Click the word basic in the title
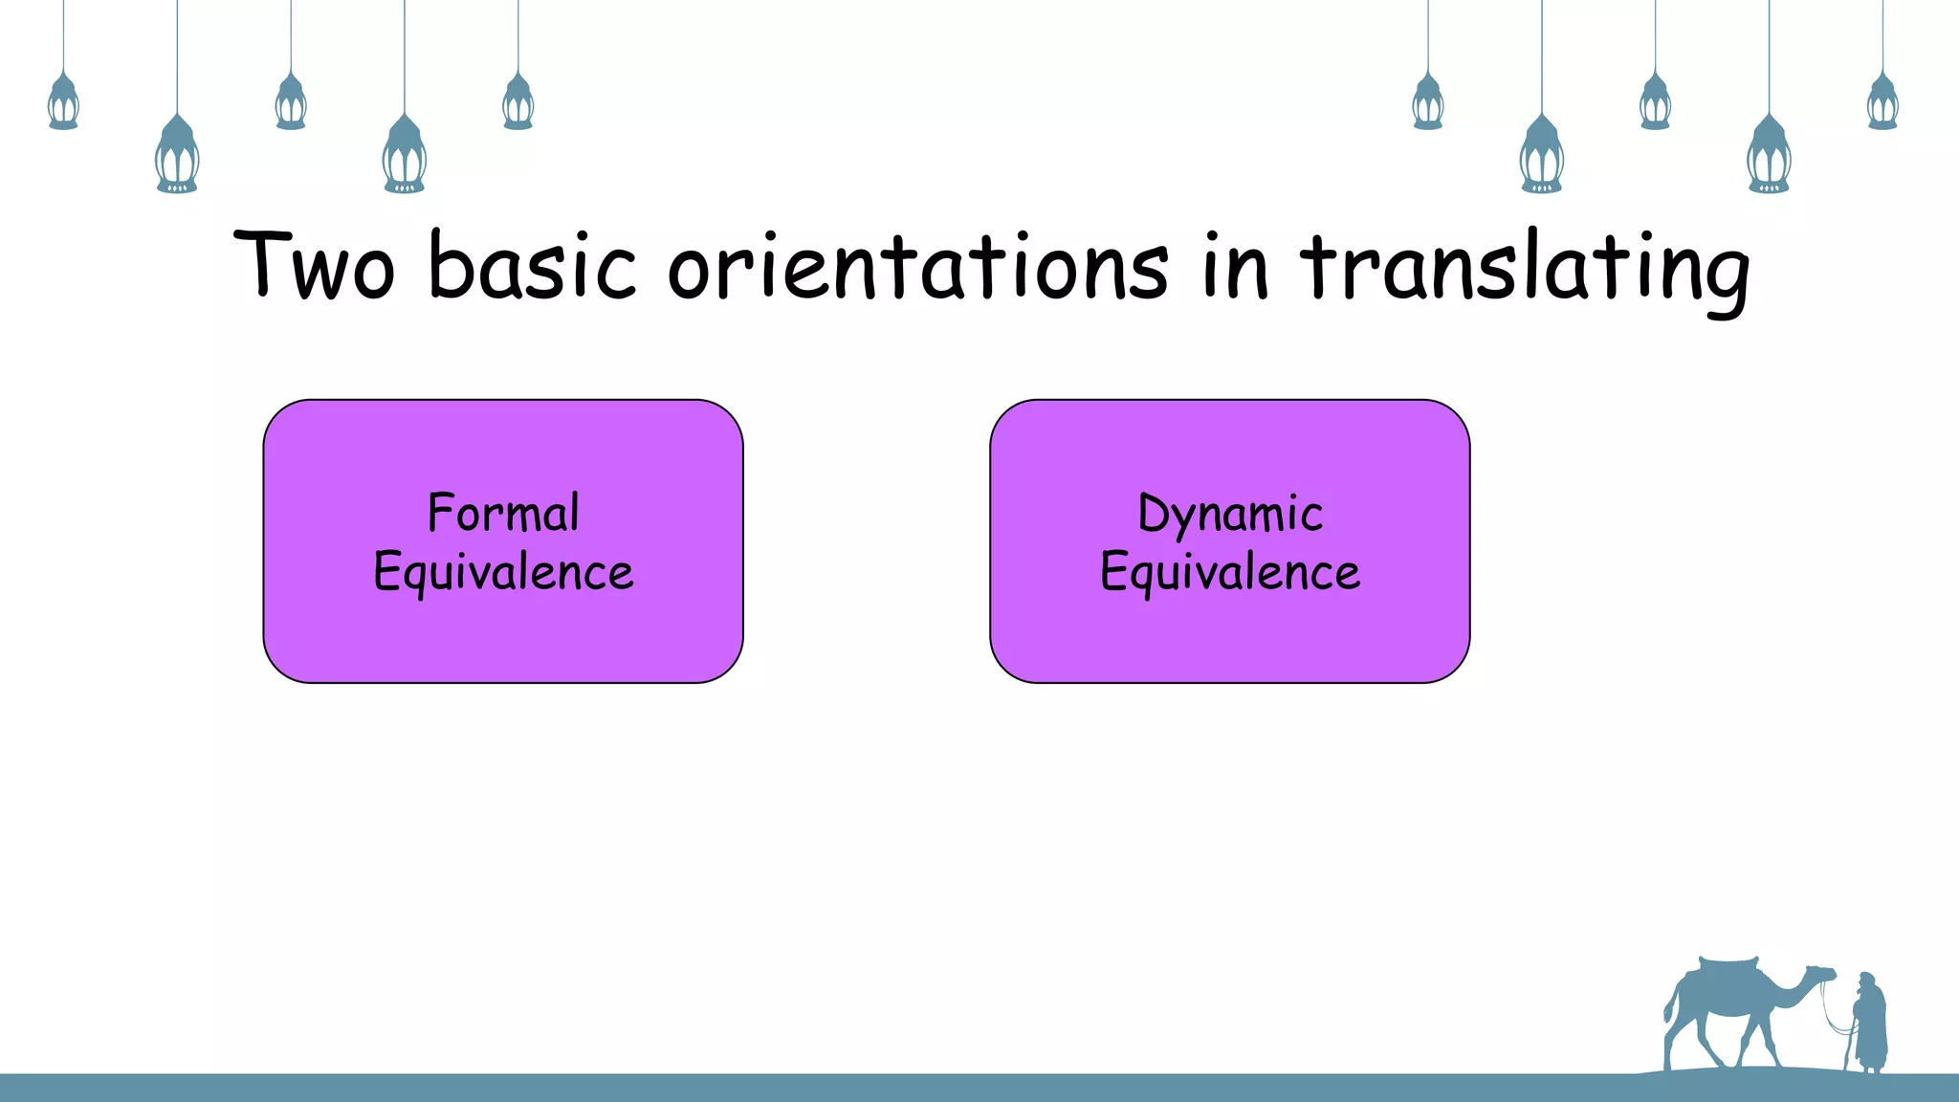coord(532,265)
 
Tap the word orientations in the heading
coord(917,265)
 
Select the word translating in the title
coord(1525,268)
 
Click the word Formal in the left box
coord(503,513)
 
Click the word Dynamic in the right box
coord(1230,514)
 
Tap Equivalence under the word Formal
coord(503,572)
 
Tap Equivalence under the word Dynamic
coord(1230,572)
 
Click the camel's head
coord(1819,975)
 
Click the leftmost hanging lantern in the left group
coord(63,102)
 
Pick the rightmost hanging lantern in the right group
coord(1882,102)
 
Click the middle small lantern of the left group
coord(291,102)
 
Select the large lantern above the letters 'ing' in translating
coord(1769,155)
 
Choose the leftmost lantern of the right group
coord(1428,102)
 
